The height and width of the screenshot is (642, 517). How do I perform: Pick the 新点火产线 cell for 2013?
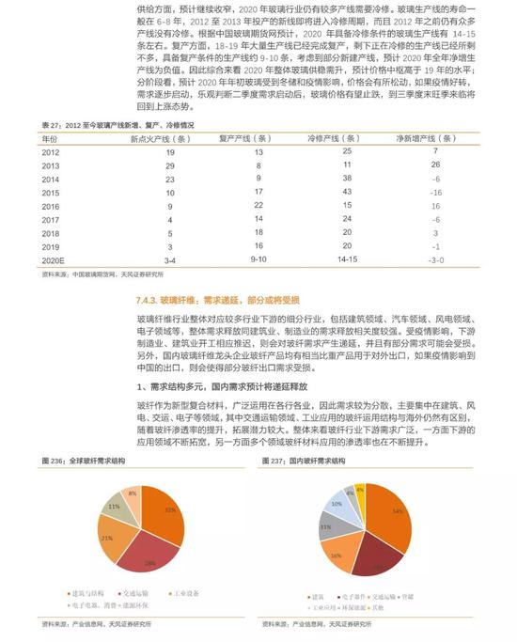point(170,164)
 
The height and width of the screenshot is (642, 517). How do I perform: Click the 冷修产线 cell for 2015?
point(347,192)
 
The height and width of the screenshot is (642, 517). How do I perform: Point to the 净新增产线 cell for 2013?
point(436,164)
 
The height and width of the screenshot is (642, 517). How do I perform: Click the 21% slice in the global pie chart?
point(110,538)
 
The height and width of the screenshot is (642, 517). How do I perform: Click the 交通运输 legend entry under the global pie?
point(137,592)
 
